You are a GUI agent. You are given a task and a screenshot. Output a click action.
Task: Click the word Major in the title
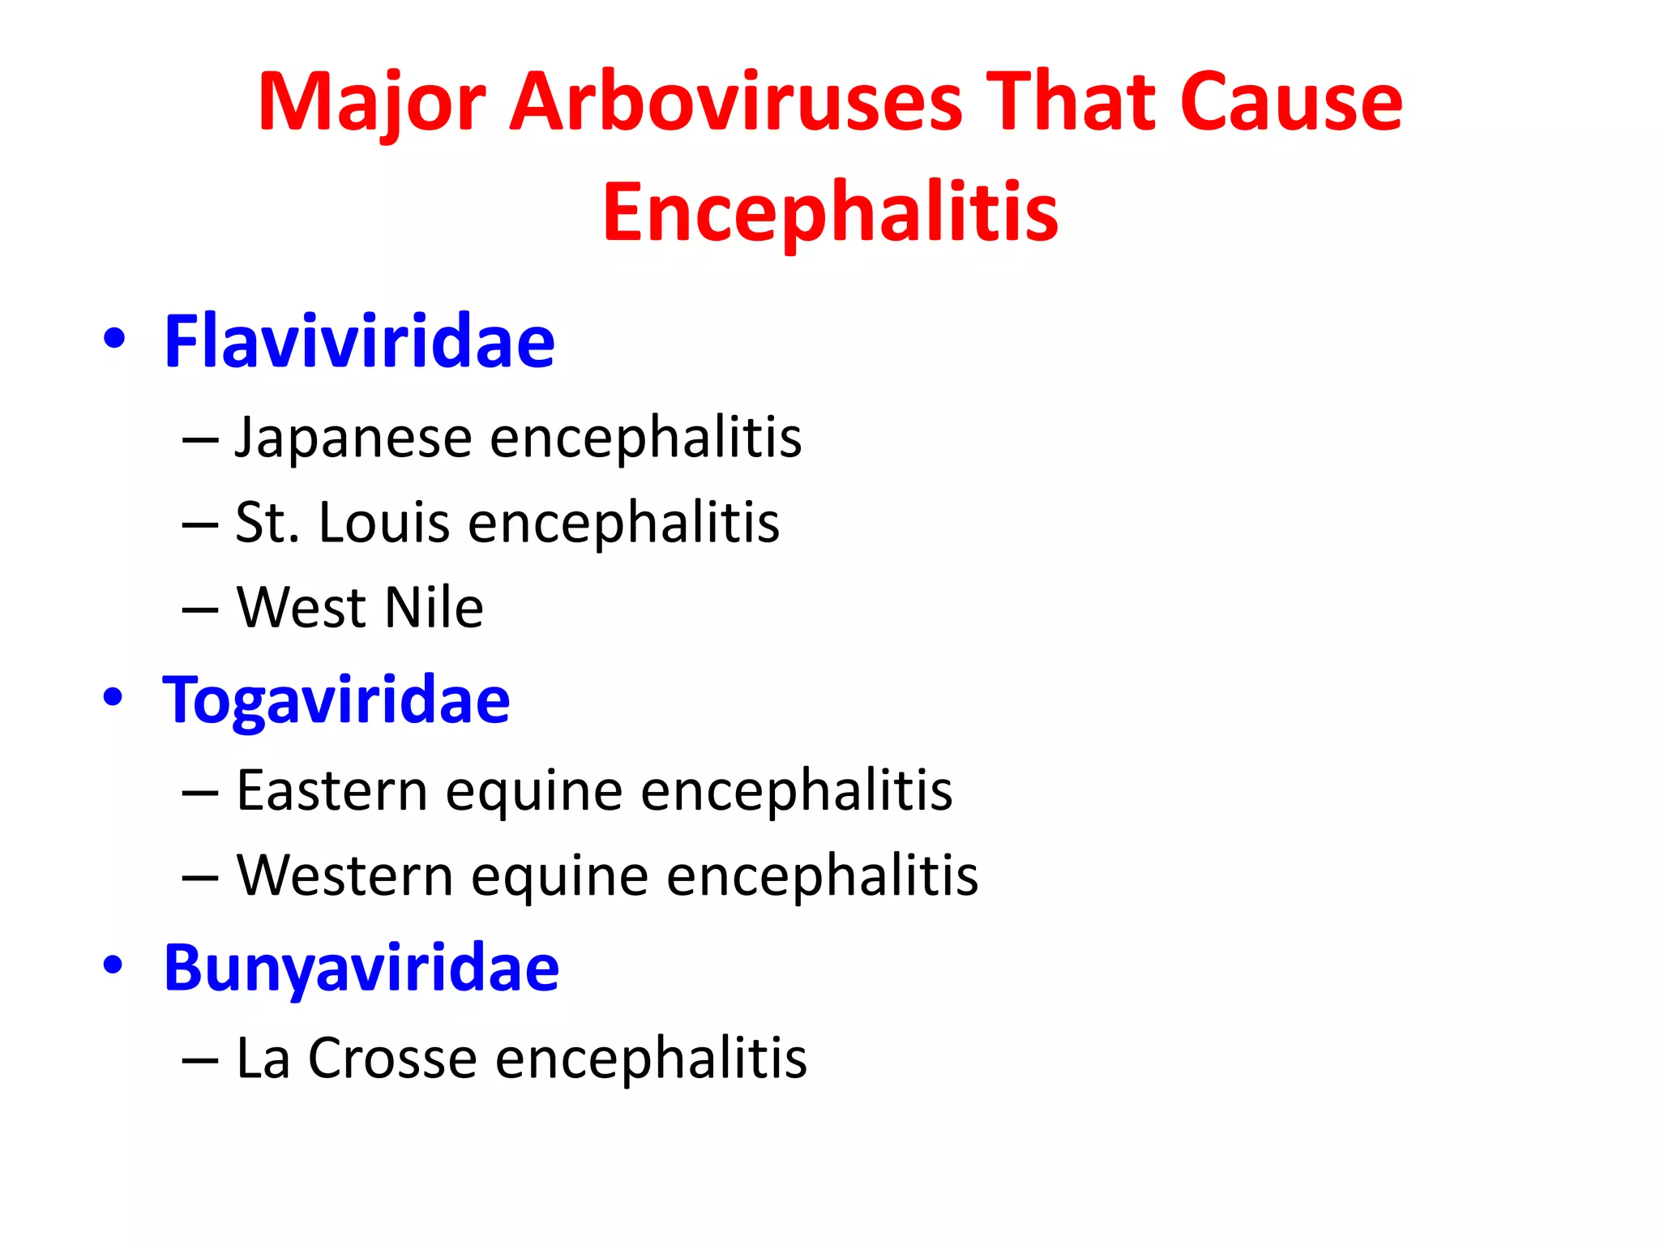tap(371, 103)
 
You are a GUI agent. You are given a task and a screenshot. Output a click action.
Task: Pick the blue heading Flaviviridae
tap(359, 341)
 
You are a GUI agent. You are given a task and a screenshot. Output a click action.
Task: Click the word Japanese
tap(353, 438)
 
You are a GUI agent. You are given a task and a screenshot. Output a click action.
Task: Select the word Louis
tap(383, 522)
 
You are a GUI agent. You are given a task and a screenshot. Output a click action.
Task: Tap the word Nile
tap(434, 607)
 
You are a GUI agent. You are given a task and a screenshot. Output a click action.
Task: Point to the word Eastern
tap(332, 790)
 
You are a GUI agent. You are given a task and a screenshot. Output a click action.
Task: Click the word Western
tap(344, 875)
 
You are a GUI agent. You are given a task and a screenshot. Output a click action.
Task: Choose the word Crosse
tap(392, 1058)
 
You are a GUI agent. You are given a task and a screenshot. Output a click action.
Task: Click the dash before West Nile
tap(200, 610)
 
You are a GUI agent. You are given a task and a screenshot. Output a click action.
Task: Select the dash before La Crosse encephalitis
tap(200, 1060)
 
